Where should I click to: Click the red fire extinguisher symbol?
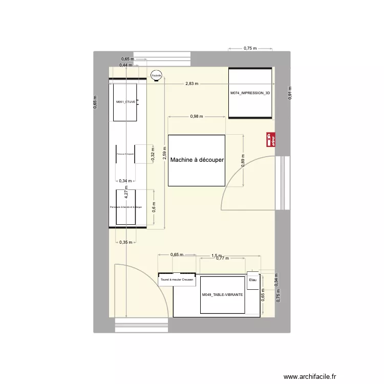271,140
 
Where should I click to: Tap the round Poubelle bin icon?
156,75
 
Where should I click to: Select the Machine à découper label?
197,160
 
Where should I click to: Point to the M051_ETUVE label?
125,102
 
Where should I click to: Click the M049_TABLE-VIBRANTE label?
222,295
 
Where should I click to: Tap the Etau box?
252,280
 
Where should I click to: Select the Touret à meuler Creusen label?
177,280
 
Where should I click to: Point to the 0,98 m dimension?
197,116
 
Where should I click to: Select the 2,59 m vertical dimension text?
164,155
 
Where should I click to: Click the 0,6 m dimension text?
153,208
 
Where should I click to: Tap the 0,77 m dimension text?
222,259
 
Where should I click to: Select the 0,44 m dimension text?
125,65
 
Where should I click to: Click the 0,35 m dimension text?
125,242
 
